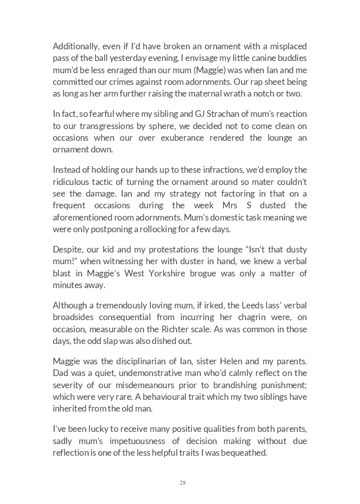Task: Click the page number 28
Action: (x=183, y=483)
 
